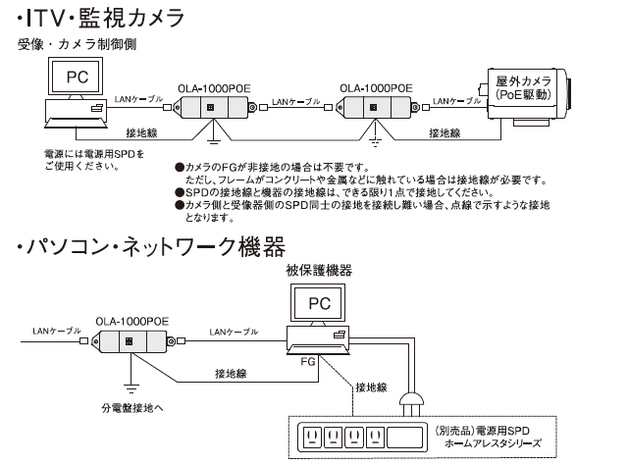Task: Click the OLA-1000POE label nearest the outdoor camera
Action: (x=376, y=86)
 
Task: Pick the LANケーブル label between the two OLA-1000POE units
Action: (x=296, y=101)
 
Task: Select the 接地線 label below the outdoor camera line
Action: (x=445, y=131)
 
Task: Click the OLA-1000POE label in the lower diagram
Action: (x=132, y=320)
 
